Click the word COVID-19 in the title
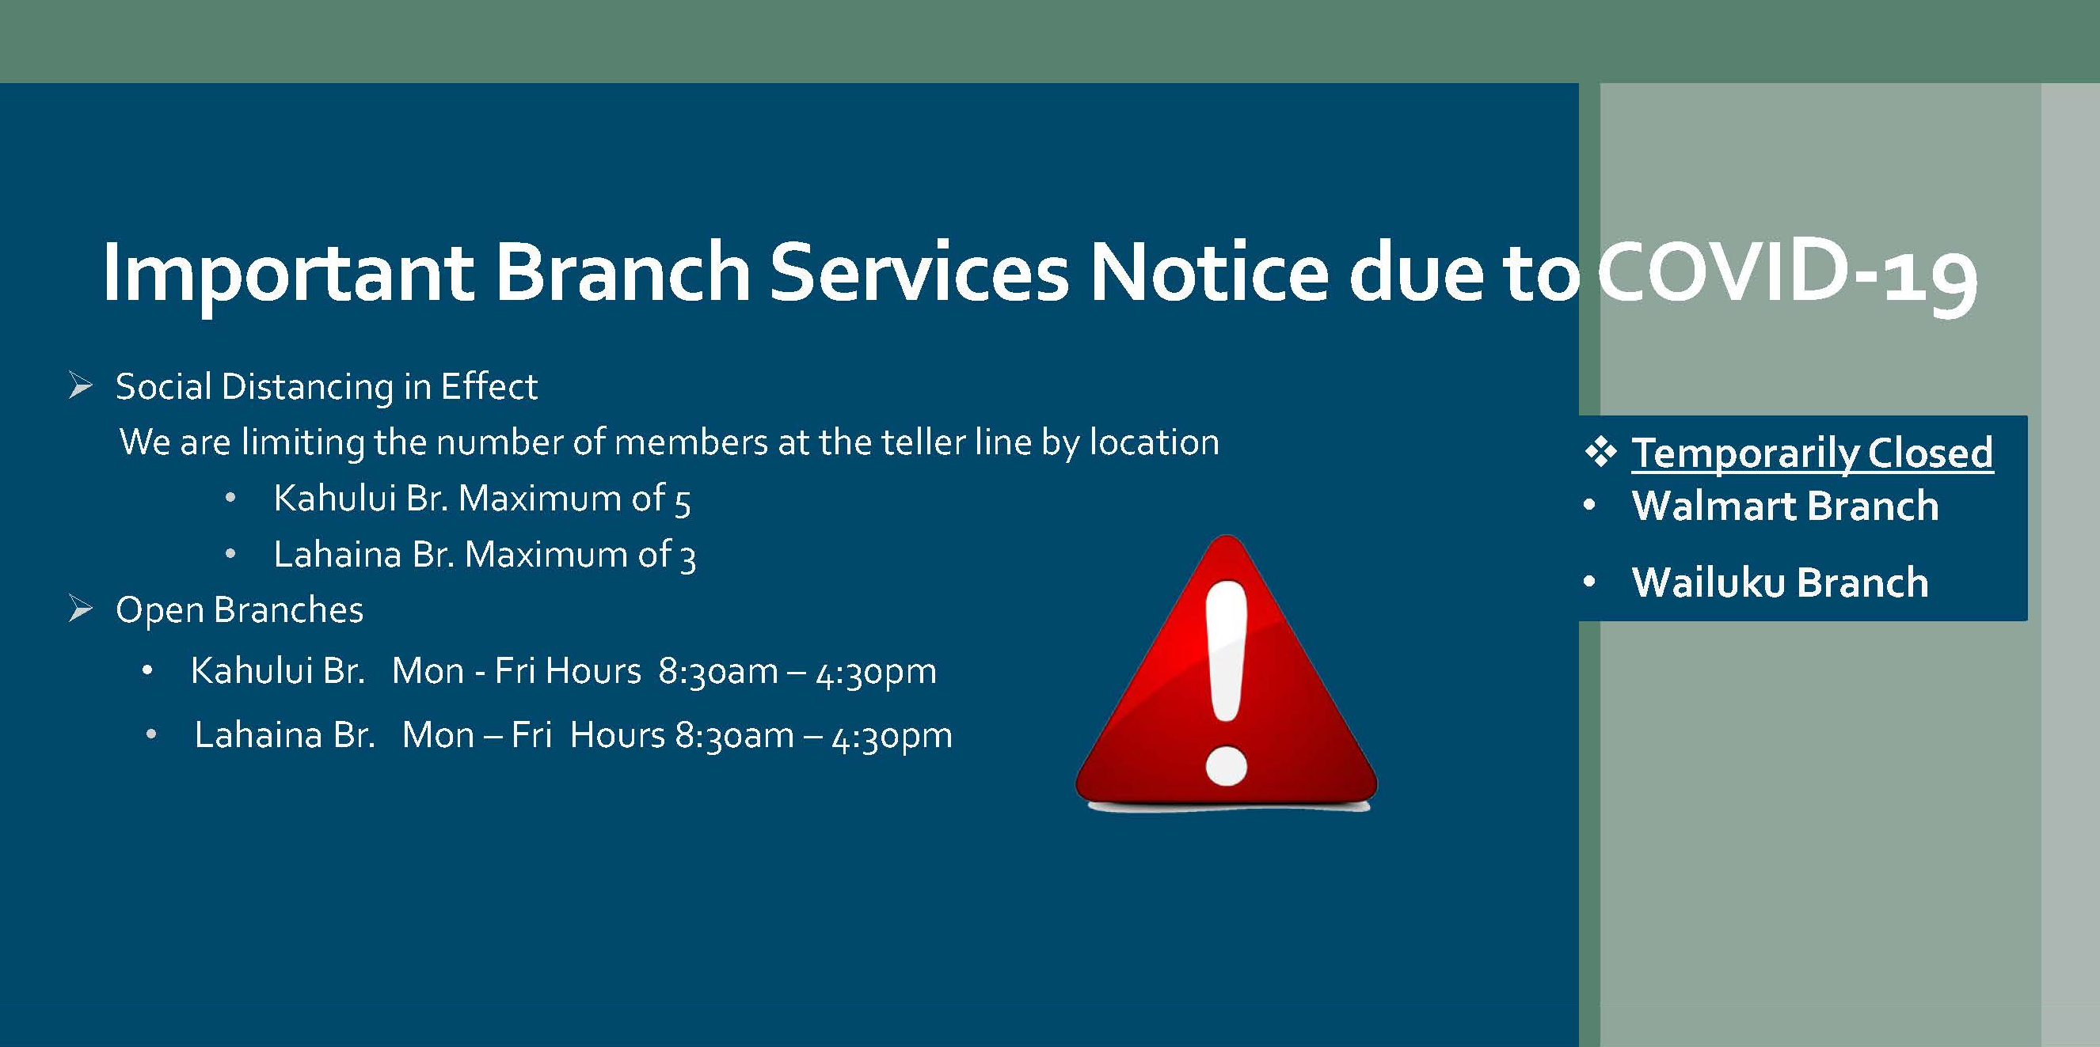1786,272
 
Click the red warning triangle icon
1226,672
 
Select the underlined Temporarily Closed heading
1813,453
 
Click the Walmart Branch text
1786,506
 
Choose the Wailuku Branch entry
1780,582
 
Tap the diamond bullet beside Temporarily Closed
1601,453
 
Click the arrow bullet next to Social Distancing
81,385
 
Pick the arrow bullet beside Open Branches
81,609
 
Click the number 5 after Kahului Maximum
683,502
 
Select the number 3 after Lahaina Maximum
688,558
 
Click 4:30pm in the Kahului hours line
877,673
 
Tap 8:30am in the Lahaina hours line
735,736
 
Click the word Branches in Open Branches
288,609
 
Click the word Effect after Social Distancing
489,386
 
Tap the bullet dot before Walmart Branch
1589,506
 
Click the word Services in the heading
919,272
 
